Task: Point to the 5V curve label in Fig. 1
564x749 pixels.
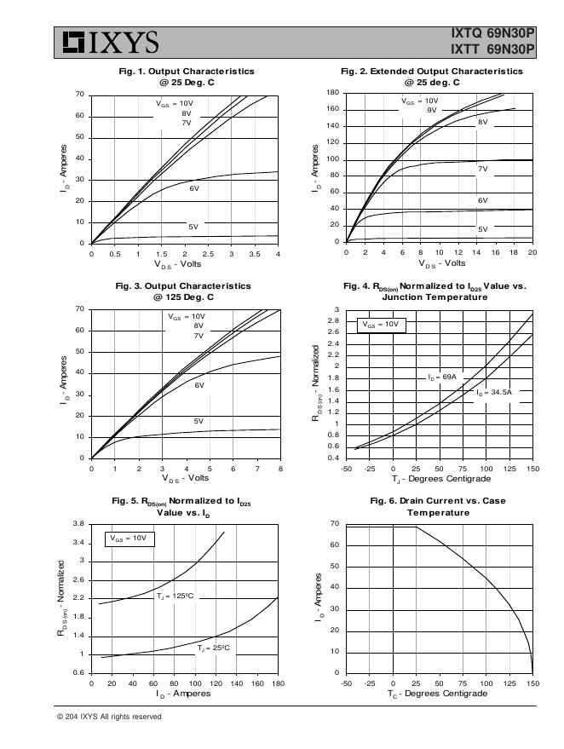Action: point(193,227)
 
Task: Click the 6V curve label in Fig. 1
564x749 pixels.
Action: point(194,188)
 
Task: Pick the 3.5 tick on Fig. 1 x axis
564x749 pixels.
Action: point(255,255)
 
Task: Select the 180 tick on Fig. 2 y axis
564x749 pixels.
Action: point(333,93)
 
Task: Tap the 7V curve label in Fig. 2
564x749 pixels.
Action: point(482,170)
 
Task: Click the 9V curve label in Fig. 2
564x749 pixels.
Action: point(432,111)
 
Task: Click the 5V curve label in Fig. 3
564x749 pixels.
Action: point(199,421)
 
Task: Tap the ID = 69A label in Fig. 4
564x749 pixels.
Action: point(443,376)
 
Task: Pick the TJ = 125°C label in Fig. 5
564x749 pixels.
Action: point(176,596)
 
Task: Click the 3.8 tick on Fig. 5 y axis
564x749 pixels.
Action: point(78,523)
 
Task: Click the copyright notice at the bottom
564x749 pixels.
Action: point(109,717)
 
